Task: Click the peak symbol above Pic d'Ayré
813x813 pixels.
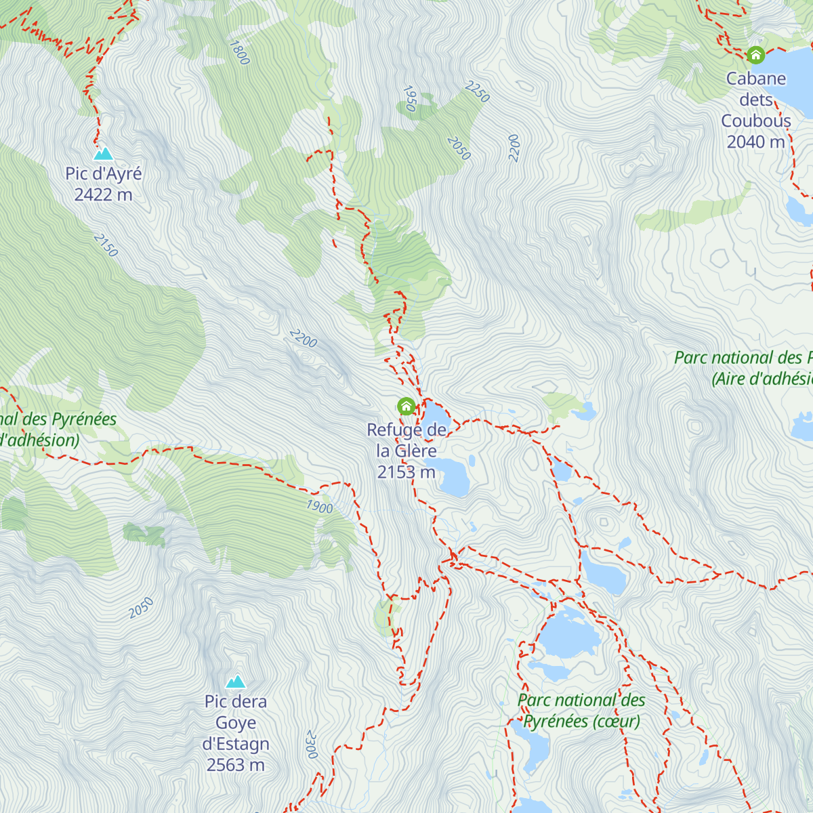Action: click(103, 154)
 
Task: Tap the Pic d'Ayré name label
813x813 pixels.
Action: click(104, 173)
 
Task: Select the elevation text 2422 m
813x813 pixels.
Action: click(104, 195)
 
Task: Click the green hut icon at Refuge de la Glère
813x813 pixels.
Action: click(406, 406)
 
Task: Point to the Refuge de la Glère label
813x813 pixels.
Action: click(406, 440)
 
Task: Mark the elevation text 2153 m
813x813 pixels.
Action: click(406, 472)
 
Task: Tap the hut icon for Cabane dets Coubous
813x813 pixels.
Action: click(755, 55)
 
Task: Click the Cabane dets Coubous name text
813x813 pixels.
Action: click(756, 100)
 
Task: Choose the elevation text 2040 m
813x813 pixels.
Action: click(755, 142)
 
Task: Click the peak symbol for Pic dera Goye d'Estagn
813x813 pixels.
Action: click(236, 681)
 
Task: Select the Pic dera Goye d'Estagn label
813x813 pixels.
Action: click(236, 723)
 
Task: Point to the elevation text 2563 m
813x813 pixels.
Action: click(236, 766)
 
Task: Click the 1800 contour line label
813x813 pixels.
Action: click(239, 53)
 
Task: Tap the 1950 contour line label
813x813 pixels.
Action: click(409, 98)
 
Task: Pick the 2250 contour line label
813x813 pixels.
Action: click(477, 91)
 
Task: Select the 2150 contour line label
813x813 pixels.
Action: click(106, 245)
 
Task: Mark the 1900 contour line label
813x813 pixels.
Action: click(319, 507)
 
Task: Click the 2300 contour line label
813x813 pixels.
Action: click(311, 744)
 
